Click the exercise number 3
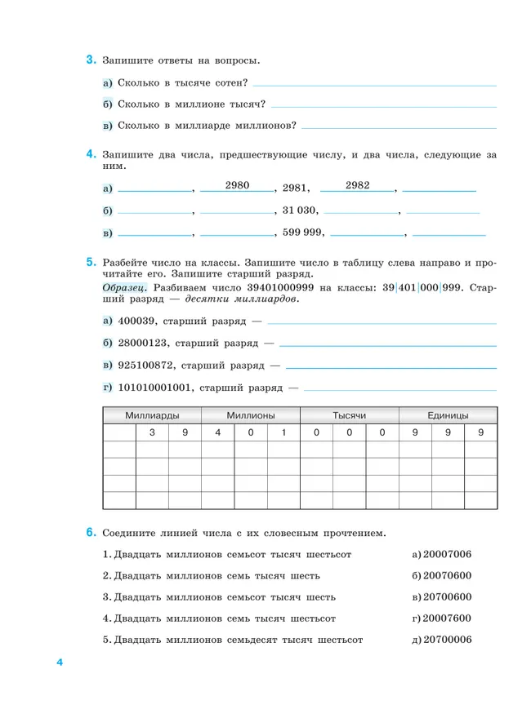91,60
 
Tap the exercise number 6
91,533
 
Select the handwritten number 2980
237,185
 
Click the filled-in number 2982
358,185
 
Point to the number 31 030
300,210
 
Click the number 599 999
303,233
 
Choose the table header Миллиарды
152,415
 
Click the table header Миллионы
251,415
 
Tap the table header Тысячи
349,415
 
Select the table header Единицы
448,415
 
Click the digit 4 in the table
218,432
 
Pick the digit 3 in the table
152,432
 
